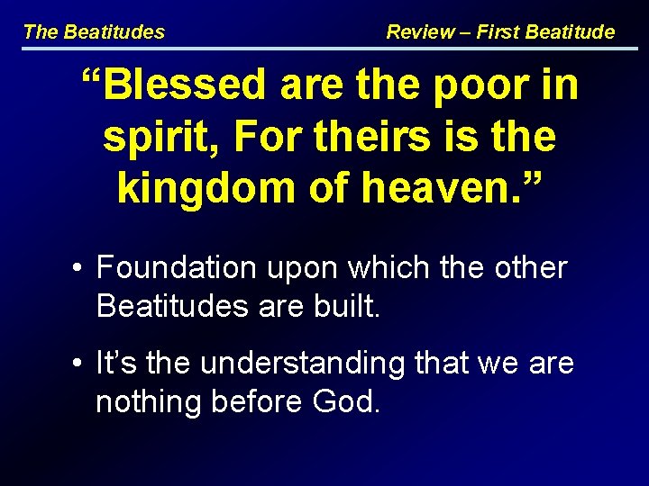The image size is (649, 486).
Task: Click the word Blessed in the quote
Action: pyautogui.click(x=185, y=86)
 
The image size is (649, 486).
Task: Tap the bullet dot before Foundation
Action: pyautogui.click(x=81, y=268)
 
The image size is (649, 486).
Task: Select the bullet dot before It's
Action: pyautogui.click(x=81, y=364)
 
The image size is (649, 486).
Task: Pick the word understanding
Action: pyautogui.click(x=303, y=364)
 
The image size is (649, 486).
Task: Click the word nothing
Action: pyautogui.click(x=149, y=402)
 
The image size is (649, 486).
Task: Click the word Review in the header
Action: pyautogui.click(x=420, y=32)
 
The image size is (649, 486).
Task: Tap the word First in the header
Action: pyautogui.click(x=498, y=32)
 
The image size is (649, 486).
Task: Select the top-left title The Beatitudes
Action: pyautogui.click(x=94, y=32)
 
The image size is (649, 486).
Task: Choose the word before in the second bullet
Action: pyautogui.click(x=252, y=402)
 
